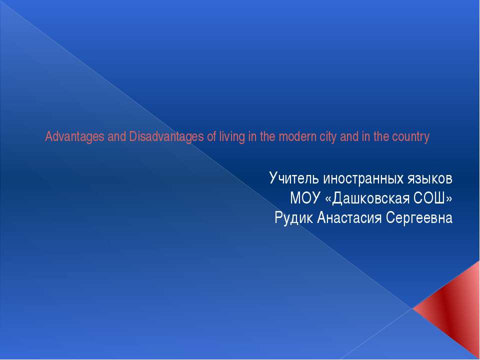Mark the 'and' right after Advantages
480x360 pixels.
116,137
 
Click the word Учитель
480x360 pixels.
294,178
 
